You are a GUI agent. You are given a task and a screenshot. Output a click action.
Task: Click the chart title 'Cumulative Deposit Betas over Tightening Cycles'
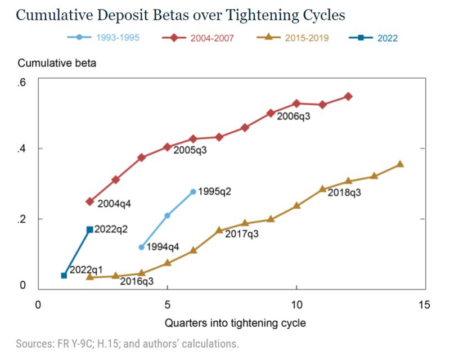tap(180, 15)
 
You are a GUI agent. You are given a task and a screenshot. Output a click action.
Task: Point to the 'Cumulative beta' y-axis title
tap(56, 63)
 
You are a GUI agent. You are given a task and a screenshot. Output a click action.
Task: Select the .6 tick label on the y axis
tap(22, 83)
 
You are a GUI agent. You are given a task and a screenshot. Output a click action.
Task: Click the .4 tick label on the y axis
tap(22, 148)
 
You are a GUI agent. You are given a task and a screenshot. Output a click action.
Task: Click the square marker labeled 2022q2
tap(89, 229)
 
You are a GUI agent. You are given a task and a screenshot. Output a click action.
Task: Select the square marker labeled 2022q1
tap(64, 275)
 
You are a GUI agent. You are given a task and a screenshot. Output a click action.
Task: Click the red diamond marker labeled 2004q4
tap(89, 201)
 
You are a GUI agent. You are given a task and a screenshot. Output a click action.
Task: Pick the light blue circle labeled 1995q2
tap(193, 192)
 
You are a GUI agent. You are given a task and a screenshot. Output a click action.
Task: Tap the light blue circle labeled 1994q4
tap(141, 247)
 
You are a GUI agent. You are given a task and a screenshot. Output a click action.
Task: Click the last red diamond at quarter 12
tap(348, 96)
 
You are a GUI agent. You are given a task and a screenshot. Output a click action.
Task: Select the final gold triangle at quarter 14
tap(400, 164)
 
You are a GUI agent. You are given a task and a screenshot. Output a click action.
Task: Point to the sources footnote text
tap(127, 343)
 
